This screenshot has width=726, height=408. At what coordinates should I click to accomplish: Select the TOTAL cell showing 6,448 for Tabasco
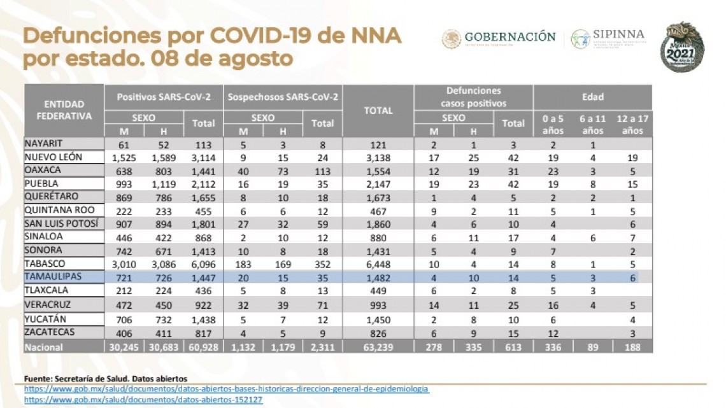tap(378, 264)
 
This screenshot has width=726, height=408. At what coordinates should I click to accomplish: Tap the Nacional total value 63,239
tap(378, 347)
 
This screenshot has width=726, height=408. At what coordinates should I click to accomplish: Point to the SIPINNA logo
tap(608, 38)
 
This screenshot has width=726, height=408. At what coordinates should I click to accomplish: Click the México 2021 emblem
tap(682, 46)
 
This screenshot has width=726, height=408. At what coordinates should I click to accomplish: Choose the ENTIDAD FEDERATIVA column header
tap(64, 110)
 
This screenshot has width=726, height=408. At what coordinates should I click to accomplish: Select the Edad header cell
tap(592, 97)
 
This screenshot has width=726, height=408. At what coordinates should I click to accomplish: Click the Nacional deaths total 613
tap(513, 347)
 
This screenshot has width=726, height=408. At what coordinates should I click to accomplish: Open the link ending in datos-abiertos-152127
tap(143, 400)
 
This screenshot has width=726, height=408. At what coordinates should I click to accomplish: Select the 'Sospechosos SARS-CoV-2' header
tap(283, 97)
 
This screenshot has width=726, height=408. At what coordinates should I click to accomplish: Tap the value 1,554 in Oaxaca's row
tap(378, 171)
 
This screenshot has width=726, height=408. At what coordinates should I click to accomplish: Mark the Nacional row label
tap(45, 347)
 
